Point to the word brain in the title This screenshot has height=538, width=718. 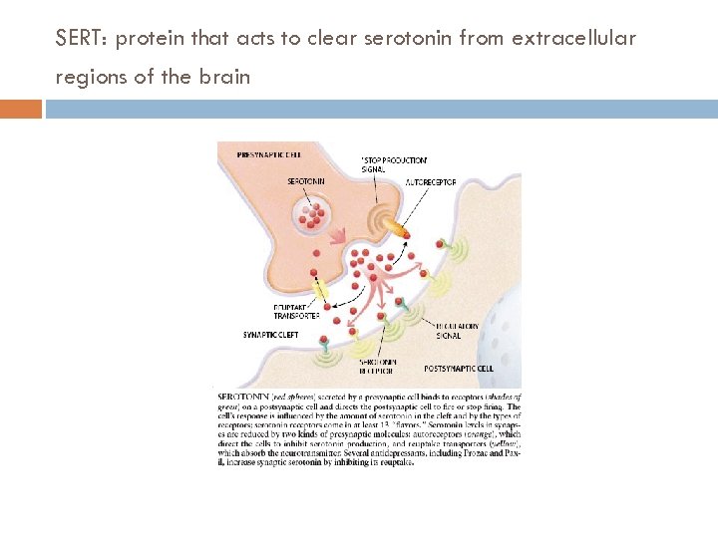tap(228, 77)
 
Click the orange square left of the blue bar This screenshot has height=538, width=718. tap(21, 109)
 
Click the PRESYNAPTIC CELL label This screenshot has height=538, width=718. tap(269, 154)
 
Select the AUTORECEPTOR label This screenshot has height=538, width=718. tap(430, 183)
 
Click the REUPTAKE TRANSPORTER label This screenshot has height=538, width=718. tap(295, 312)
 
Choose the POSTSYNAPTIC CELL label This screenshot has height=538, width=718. tap(459, 368)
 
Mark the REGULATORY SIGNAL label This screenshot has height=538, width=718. tap(457, 331)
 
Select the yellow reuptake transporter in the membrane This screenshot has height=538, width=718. tap(320, 291)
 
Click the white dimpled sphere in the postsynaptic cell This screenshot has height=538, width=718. tap(504, 307)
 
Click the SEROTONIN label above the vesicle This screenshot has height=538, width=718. tap(305, 181)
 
